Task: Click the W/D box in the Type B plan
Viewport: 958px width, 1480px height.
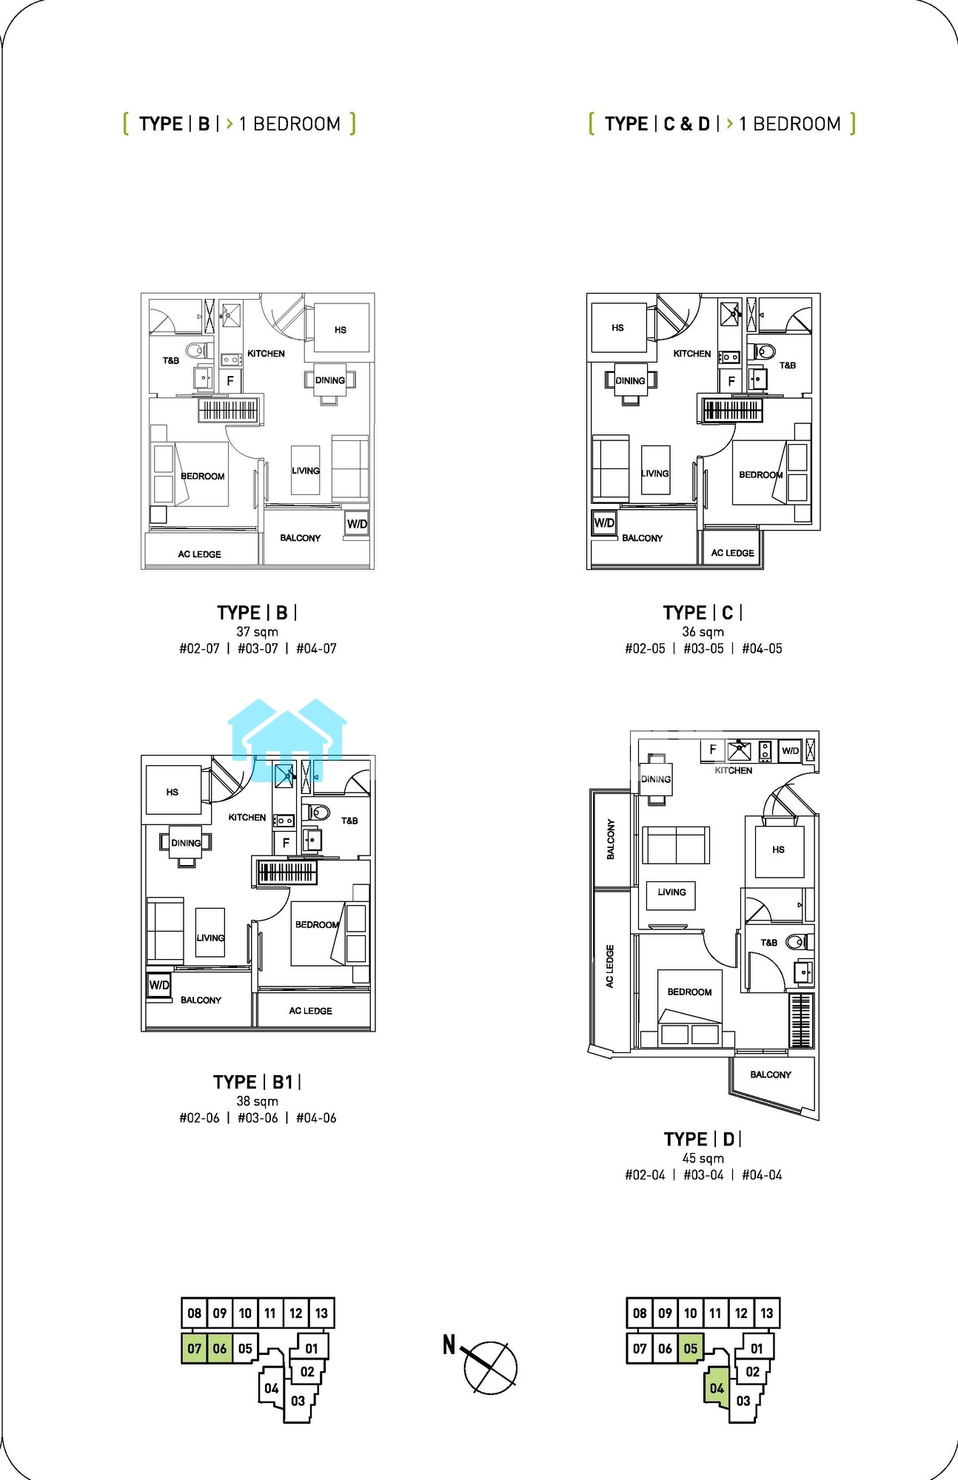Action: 357,523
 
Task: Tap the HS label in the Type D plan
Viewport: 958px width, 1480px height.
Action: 778,850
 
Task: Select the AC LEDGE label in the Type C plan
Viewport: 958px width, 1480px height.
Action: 732,553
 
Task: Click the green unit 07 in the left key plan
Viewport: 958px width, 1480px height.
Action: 194,1348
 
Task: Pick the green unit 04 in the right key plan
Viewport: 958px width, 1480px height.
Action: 716,1388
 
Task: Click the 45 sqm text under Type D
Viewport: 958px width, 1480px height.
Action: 703,1158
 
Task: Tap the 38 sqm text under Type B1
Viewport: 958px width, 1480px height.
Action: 257,1101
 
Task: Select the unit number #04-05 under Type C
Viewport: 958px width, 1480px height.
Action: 762,648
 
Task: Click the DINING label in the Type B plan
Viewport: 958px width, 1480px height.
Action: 330,380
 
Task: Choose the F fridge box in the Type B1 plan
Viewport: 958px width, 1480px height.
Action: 286,843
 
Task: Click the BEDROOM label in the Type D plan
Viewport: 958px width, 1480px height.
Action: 689,992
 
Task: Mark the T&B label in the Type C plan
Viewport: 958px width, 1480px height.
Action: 788,365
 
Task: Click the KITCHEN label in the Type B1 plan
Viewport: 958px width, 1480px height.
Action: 247,817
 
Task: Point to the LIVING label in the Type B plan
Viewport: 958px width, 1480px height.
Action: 306,471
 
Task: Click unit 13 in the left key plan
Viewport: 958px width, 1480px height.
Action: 321,1313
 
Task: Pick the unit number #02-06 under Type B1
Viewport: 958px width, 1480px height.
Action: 199,1118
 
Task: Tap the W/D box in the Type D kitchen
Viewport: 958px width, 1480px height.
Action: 790,750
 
